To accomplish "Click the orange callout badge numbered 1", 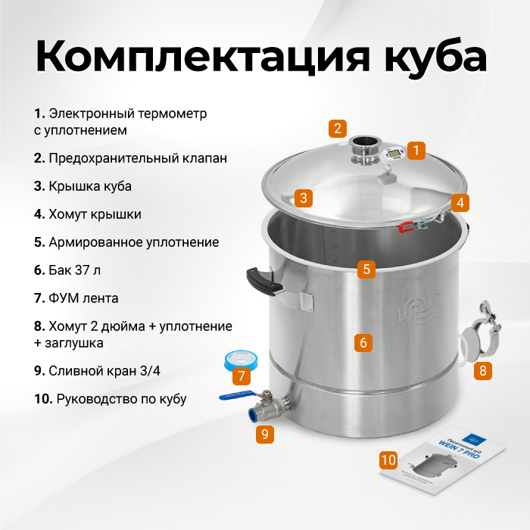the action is coord(416,151).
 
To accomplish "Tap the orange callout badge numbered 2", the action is coord(338,129).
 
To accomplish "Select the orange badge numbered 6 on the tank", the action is coord(363,342).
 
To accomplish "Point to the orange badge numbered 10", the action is coord(388,460).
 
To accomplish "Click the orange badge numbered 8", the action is coord(483,371).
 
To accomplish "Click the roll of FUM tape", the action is coord(238,360).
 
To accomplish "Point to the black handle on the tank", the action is coord(262,281).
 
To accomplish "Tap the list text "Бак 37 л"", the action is coord(75,270).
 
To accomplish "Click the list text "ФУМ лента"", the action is coord(83,298).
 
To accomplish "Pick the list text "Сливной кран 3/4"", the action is coord(104,371).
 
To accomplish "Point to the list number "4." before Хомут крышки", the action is coord(39,214).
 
